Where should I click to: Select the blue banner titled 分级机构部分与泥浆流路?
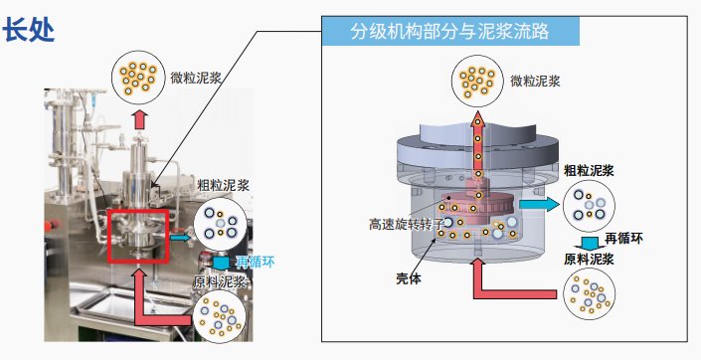point(449,30)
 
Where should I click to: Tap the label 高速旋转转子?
point(406,225)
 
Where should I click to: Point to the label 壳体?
point(409,279)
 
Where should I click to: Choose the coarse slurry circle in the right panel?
point(593,207)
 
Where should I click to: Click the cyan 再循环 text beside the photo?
point(254,263)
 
